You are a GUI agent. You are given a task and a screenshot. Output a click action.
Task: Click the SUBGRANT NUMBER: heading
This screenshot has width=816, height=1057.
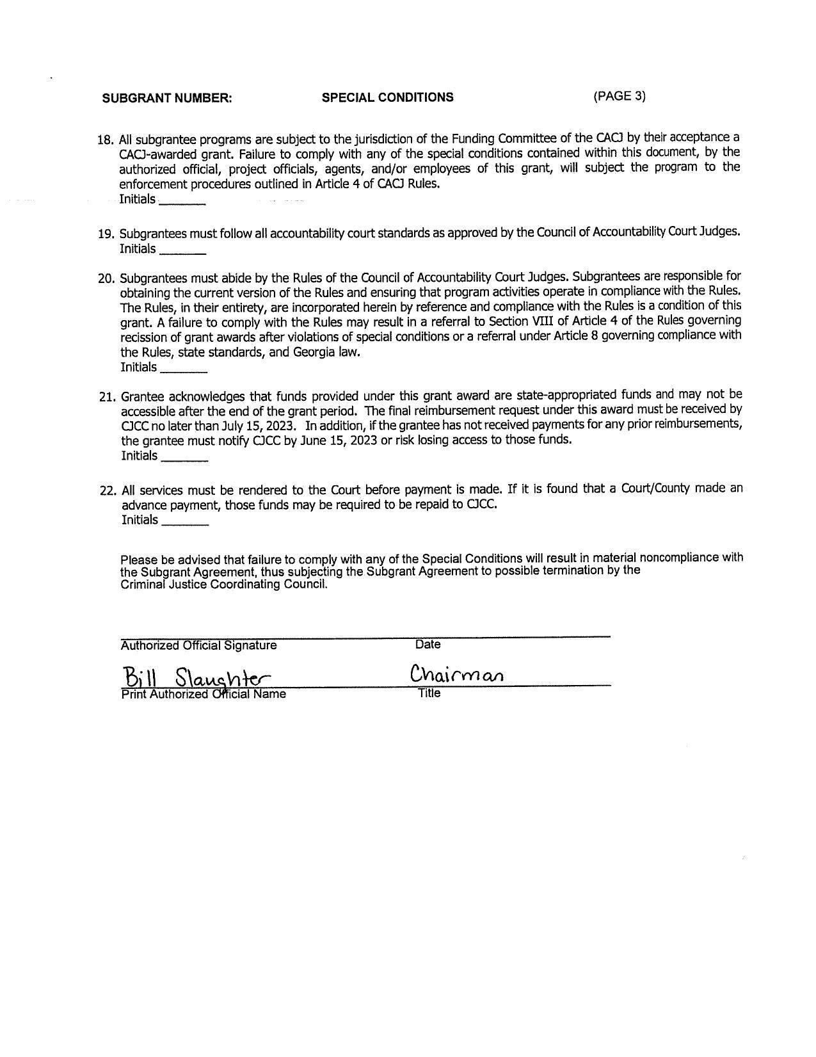(x=167, y=98)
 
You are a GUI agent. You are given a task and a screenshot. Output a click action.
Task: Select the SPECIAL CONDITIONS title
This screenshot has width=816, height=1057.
(x=387, y=97)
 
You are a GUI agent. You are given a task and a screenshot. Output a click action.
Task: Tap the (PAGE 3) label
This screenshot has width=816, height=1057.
(x=619, y=96)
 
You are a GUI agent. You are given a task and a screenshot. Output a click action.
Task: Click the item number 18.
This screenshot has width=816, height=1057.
(x=105, y=140)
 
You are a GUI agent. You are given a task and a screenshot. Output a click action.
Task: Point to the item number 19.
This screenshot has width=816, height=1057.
(x=106, y=234)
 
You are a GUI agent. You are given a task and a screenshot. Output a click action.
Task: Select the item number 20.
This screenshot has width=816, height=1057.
(x=106, y=278)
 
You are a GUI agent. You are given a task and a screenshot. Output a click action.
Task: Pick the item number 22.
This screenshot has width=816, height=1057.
(x=108, y=491)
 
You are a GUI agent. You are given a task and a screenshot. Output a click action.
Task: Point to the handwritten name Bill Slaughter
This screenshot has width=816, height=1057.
(x=196, y=677)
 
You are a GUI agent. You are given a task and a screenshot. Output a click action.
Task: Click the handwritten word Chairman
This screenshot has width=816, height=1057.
(x=456, y=675)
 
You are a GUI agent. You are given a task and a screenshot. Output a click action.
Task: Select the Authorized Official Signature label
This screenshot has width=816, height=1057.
(x=198, y=645)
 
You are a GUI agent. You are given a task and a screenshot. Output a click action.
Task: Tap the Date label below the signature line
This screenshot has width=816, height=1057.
(x=428, y=644)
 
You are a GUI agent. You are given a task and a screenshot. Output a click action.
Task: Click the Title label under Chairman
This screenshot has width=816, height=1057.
(x=429, y=693)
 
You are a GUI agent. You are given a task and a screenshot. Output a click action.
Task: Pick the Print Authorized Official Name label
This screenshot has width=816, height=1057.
(x=204, y=694)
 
